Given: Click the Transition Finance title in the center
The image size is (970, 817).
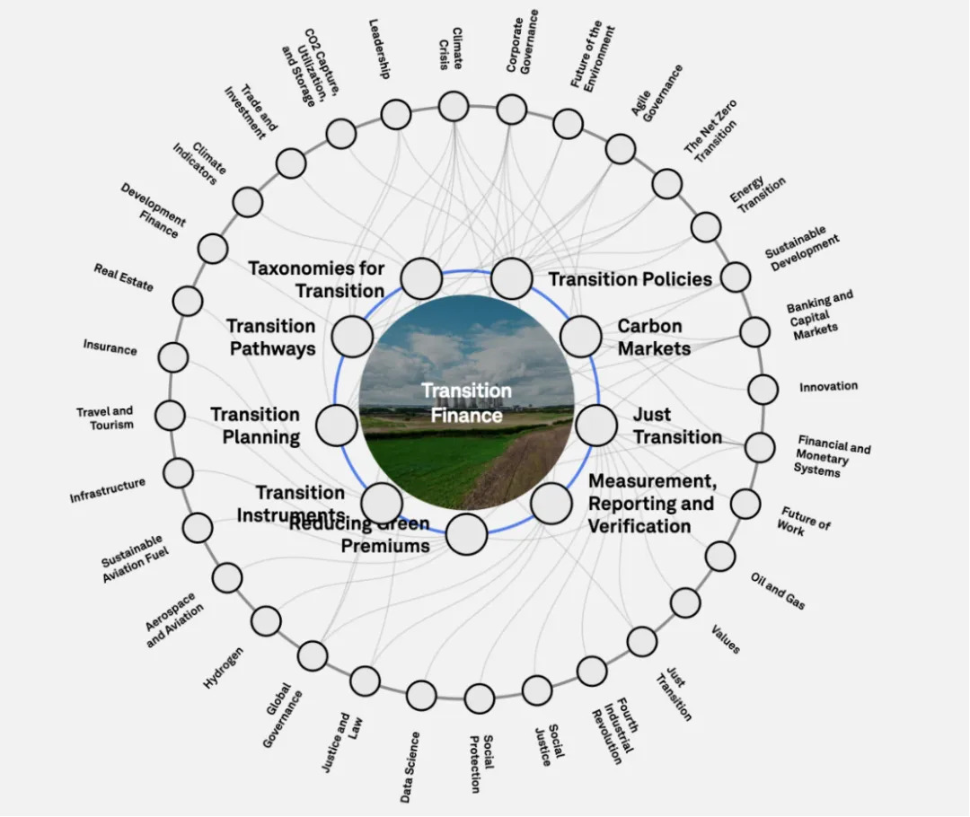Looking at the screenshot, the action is coord(466,402).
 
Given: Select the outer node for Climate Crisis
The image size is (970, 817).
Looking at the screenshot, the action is coord(454,106).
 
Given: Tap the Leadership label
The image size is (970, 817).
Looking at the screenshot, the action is coord(379,48).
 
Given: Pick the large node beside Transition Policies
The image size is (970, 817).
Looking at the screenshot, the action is coord(512,278).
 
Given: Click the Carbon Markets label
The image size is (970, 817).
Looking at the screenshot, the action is coord(654,337).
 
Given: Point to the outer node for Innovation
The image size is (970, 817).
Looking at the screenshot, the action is coord(763,390).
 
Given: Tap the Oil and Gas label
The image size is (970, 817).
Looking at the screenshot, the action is coord(778,591).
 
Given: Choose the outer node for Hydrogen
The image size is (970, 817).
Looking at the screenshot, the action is coord(266,621).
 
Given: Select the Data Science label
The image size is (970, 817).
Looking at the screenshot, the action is coord(410,767).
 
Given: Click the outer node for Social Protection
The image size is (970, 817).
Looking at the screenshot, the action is coord(480,698).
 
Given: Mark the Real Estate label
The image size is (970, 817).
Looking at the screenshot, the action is coord(124,277).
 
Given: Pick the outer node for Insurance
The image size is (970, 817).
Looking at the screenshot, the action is coord(173,356).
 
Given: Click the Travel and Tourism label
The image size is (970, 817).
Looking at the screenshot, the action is coord(105,418).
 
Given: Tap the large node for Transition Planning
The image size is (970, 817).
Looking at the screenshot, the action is coord(337,426).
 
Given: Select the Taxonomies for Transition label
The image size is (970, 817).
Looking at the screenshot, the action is coord(317,279).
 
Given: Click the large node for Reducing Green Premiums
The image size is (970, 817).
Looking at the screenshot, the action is coord(466,533).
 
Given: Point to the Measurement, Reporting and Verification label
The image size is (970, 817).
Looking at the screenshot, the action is coord(652,504).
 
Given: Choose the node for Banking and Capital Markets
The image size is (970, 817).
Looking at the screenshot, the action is coord(754,331).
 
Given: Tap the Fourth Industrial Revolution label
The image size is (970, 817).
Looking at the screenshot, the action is coord(613,732).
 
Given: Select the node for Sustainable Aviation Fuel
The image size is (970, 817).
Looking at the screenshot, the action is coord(198,528).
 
